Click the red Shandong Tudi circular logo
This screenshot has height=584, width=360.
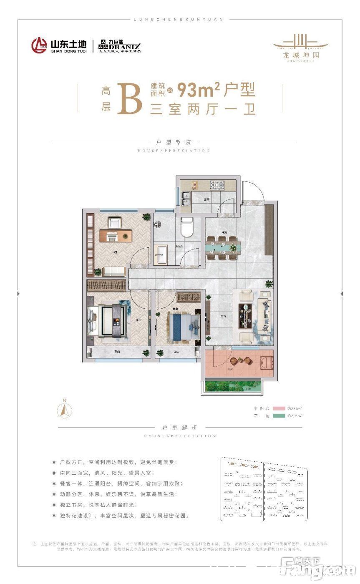(39, 45)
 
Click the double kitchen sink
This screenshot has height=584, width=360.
(186, 198)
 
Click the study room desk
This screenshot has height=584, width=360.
(116, 235)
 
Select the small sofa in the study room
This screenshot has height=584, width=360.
(114, 271)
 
